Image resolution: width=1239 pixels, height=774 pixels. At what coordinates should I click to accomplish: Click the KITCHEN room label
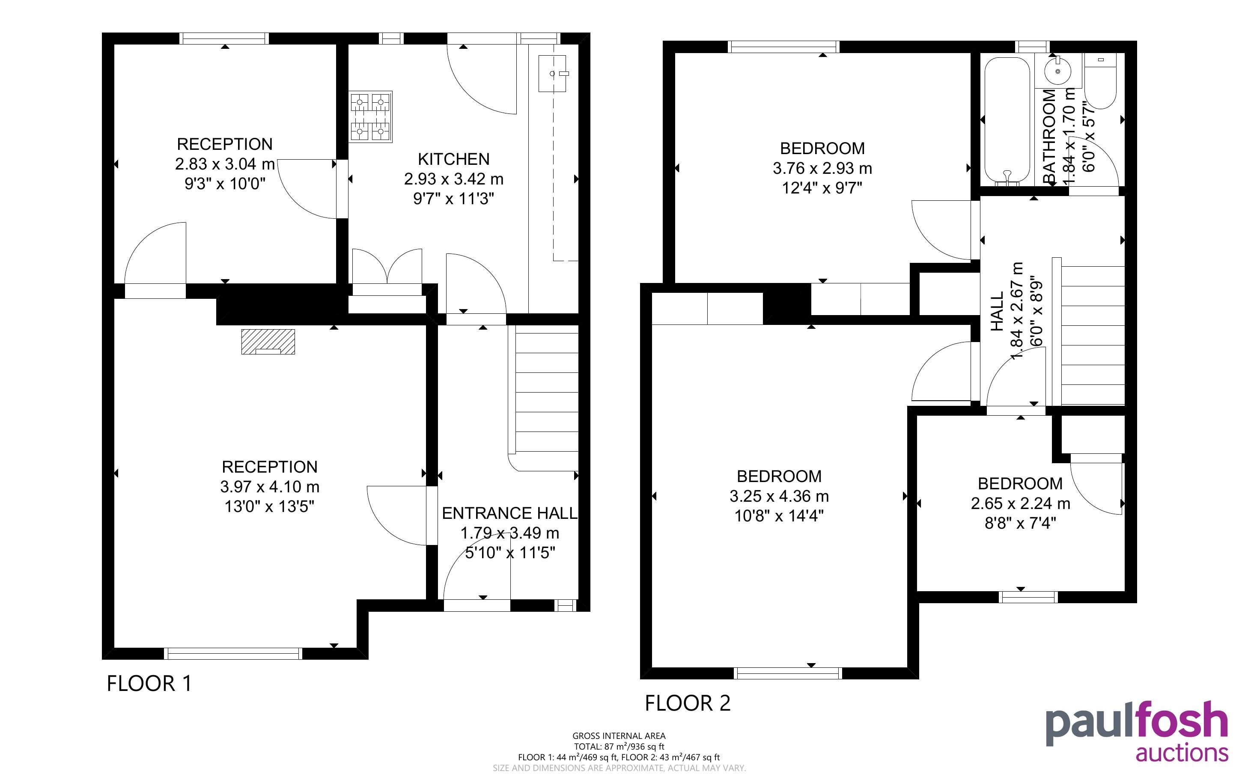(x=453, y=159)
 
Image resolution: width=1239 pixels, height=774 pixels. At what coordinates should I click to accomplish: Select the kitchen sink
(x=552, y=74)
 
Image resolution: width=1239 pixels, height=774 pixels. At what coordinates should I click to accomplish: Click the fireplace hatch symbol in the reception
(x=268, y=342)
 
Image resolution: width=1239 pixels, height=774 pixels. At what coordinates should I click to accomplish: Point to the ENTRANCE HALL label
(x=509, y=513)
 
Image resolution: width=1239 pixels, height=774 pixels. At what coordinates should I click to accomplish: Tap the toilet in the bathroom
(x=1100, y=82)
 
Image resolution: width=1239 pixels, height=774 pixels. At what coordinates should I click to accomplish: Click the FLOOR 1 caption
(x=149, y=683)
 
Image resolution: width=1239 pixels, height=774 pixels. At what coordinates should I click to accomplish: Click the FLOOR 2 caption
(x=687, y=703)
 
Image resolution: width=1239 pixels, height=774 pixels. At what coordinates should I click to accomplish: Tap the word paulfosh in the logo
(x=1136, y=723)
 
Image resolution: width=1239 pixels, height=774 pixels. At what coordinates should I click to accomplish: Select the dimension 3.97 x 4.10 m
(x=270, y=487)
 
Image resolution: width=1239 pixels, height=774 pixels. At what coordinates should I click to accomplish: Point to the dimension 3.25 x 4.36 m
(x=779, y=496)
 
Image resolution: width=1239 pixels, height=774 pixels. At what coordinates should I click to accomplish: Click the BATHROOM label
(x=1049, y=136)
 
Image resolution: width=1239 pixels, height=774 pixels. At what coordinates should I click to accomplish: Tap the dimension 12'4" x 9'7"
(x=822, y=188)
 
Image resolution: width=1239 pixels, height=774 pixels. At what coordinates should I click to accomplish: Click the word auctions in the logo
(x=1182, y=753)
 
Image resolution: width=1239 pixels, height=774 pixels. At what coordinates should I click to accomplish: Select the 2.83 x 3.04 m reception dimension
(x=225, y=164)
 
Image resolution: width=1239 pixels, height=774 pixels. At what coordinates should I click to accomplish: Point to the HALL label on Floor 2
(x=997, y=311)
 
